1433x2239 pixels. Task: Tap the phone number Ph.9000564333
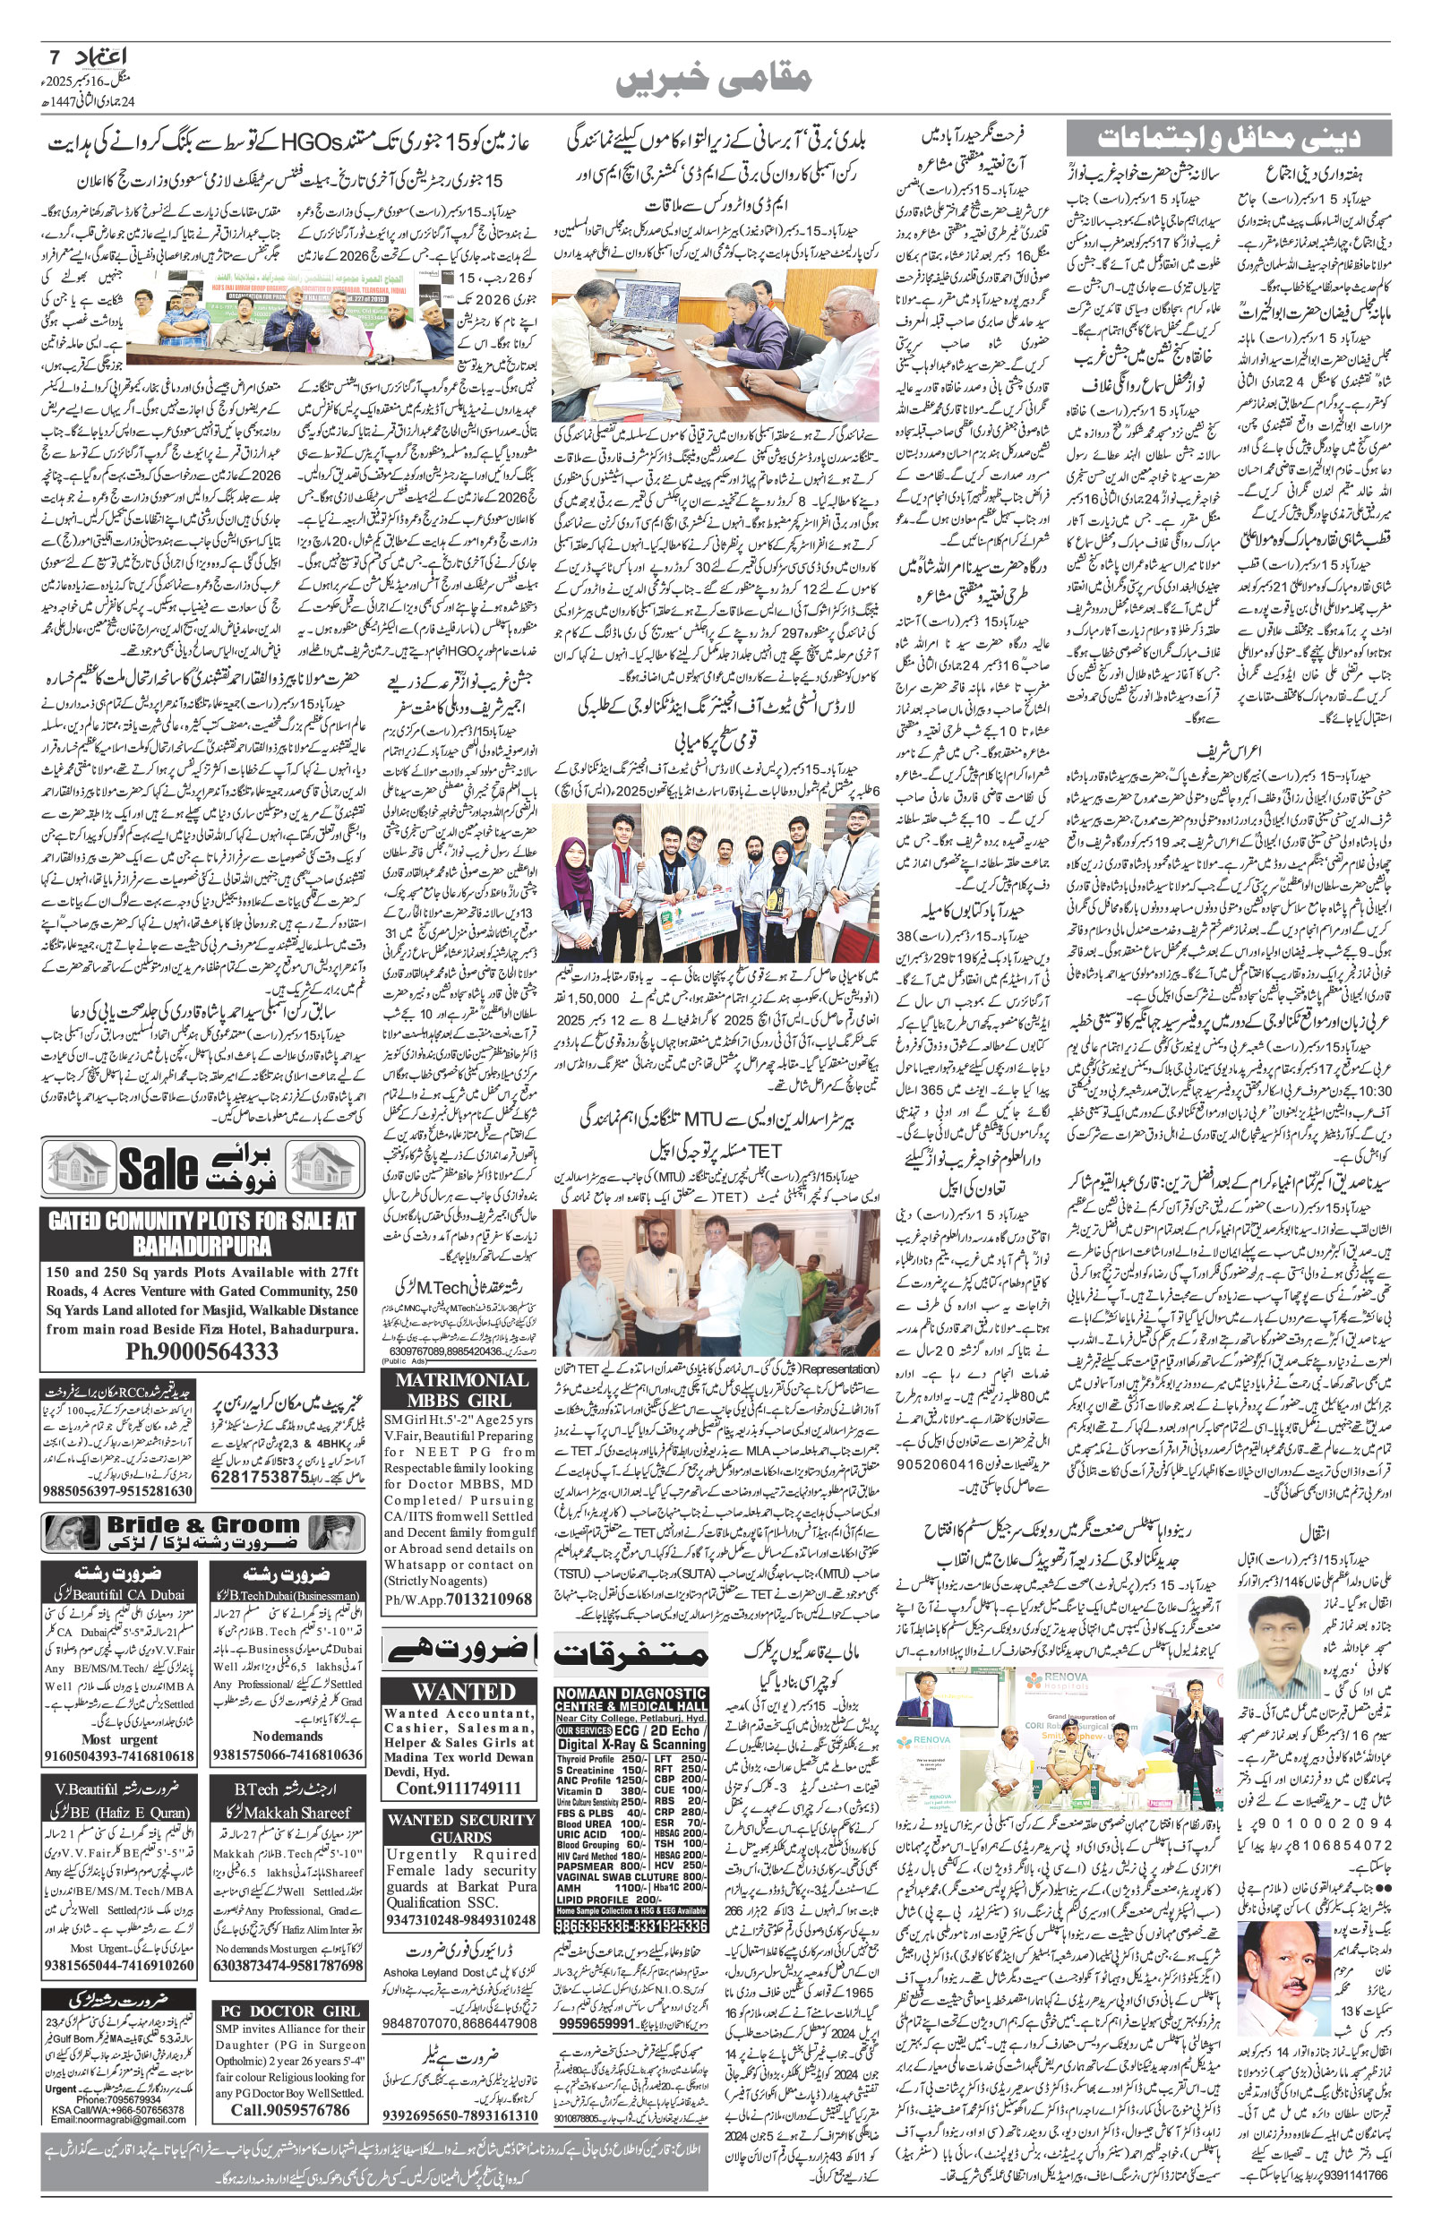click(202, 1351)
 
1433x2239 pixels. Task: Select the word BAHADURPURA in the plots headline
click(202, 1246)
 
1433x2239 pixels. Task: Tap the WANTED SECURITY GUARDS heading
click(460, 1828)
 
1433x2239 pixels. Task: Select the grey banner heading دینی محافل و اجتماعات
click(1228, 138)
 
